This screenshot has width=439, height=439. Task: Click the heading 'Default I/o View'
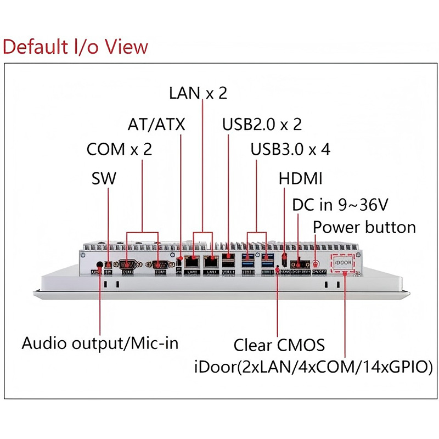coord(75,47)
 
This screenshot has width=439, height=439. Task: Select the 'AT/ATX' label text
coord(156,124)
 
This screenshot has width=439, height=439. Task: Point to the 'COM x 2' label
coord(119,149)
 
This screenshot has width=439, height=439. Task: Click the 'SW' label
coord(104,178)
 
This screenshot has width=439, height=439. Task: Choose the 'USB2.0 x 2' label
coord(262,124)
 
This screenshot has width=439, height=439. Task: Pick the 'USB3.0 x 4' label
coord(290,149)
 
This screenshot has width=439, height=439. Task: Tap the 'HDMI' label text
coord(300,178)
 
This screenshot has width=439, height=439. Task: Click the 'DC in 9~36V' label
coord(340,205)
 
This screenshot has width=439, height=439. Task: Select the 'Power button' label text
coord(364,227)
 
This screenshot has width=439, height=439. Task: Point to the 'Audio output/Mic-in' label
coord(100,344)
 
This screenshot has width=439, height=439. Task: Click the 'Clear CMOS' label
coord(279,345)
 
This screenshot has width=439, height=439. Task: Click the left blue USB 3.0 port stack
coord(247,262)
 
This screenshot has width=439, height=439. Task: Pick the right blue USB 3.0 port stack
coord(267,262)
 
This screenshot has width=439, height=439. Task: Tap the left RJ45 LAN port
coord(192,262)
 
